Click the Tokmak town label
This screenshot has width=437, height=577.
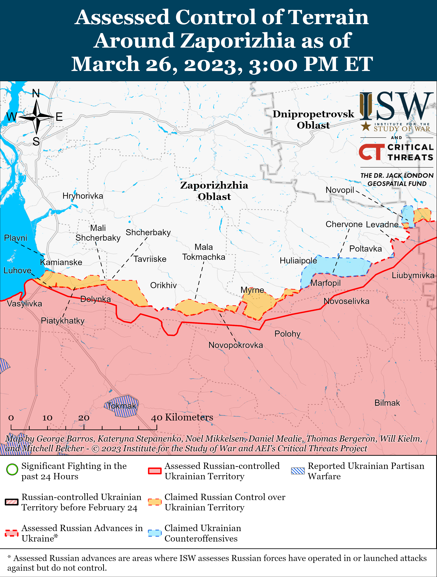pos(122,406)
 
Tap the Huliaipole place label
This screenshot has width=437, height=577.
pos(298,261)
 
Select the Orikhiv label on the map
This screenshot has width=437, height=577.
pos(163,285)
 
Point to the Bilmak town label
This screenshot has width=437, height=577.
pos(387,403)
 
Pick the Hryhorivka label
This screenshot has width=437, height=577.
pos(83,196)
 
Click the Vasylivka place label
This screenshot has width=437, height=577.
pos(25,304)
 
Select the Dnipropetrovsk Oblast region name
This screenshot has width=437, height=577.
pos(313,120)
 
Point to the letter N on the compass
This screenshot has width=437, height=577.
pos(36,93)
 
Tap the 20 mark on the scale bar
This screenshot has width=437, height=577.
pos(84,418)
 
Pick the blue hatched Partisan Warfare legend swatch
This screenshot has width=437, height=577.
pos(298,471)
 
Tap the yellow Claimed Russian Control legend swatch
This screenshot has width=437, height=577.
pos(155,502)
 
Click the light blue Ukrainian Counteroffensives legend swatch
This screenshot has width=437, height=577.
pos(155,533)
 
